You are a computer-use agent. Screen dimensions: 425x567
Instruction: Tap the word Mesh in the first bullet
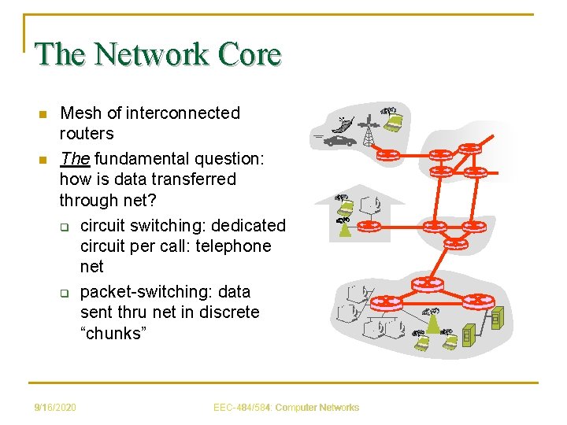[80, 113]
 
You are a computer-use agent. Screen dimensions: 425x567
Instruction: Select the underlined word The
[75, 159]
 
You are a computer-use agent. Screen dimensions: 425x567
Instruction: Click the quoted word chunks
[113, 333]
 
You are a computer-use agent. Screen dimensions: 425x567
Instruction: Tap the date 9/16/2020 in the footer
[55, 408]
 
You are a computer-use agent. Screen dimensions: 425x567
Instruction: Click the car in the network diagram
[341, 142]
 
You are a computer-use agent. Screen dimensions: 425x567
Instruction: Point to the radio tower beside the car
[368, 132]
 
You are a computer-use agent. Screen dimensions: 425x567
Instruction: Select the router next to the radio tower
[389, 153]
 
